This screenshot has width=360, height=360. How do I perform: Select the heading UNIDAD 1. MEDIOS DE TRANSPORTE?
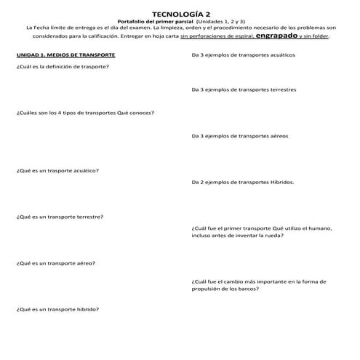click(x=65, y=55)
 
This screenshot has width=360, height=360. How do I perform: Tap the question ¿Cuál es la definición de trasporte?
click(x=63, y=66)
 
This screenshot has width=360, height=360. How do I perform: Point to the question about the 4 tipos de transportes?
click(x=85, y=113)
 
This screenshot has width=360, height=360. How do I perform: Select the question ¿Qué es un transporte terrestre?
click(x=60, y=217)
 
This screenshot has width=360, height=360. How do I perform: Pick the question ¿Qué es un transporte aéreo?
click(x=56, y=263)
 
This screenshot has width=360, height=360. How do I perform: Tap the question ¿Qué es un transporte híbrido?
click(x=57, y=309)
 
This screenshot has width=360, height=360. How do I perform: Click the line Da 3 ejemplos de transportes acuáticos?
click(x=243, y=55)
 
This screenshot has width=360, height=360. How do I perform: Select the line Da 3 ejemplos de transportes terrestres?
click(x=244, y=90)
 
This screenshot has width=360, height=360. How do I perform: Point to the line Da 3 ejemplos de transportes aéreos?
click(x=240, y=136)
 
